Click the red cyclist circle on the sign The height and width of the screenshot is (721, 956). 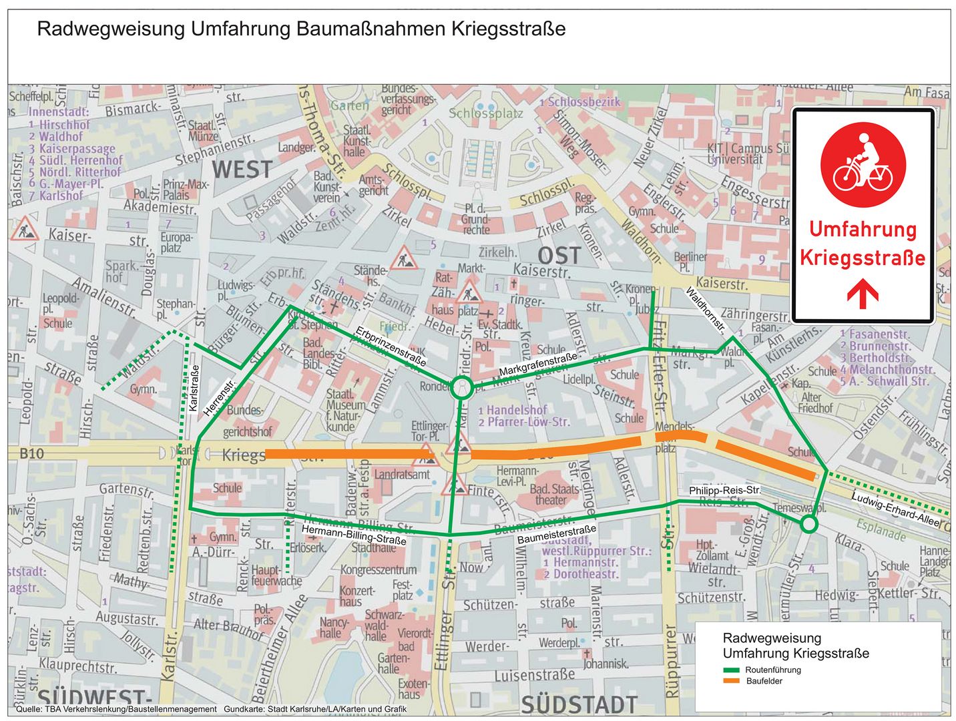coord(863,164)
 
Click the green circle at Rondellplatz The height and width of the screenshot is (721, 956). coord(461,387)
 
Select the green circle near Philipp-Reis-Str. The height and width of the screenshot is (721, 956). coord(808,524)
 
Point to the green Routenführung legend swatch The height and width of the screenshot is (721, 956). coord(731,670)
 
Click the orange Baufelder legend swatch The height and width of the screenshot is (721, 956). coord(731,681)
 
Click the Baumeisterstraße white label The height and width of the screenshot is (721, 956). coord(556,534)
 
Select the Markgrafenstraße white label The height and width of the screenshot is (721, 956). coord(538,365)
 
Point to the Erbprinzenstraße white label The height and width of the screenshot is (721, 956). coord(391,346)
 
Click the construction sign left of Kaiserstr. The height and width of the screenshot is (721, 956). coord(25,230)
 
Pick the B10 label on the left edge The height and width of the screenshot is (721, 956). coord(31,454)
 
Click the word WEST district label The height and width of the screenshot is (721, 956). coord(242,170)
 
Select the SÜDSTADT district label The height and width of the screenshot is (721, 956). coord(579,704)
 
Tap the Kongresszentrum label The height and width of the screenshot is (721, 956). coord(379,569)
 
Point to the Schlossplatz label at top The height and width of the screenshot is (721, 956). coord(485,113)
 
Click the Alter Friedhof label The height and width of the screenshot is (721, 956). coord(814,402)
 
